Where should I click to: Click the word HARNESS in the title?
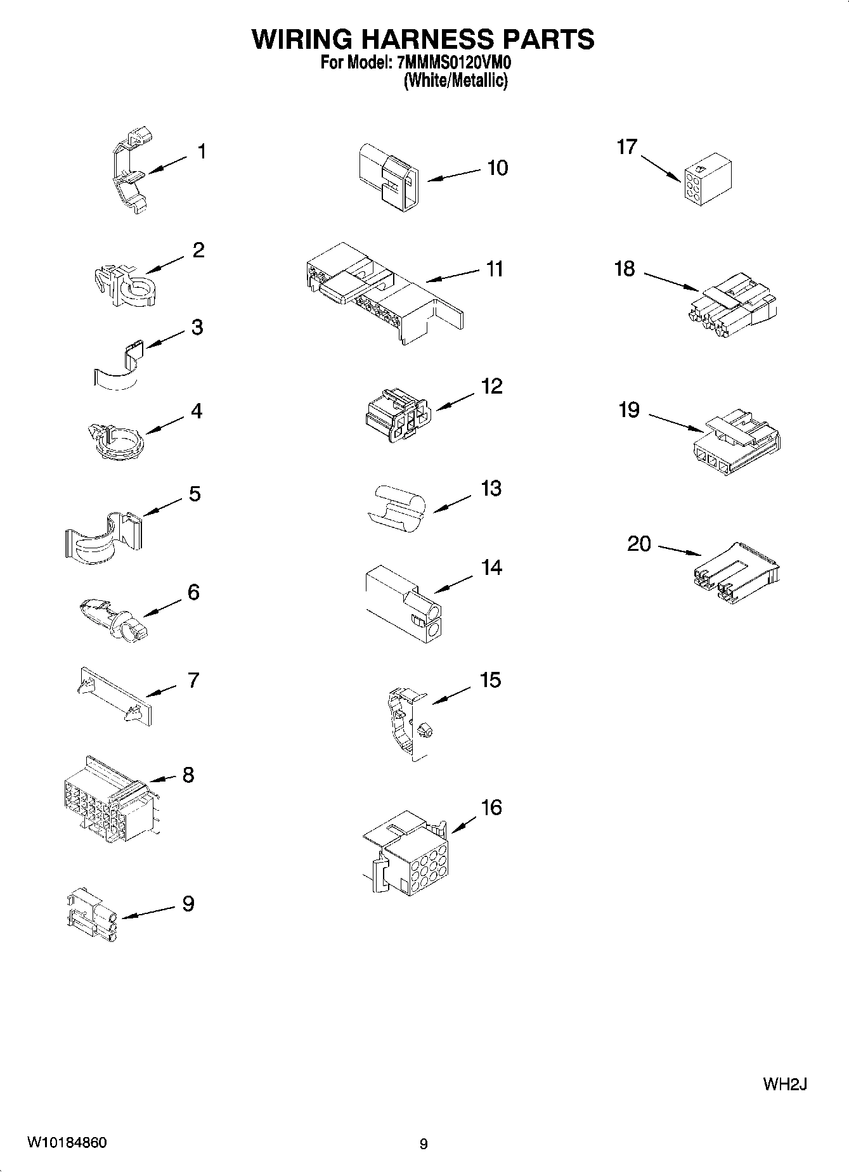(x=423, y=39)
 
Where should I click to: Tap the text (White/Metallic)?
(x=455, y=81)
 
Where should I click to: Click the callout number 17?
(x=626, y=147)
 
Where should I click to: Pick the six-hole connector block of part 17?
(x=708, y=179)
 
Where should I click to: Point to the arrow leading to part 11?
(x=453, y=275)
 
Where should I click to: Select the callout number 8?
(x=188, y=775)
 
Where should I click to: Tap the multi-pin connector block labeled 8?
(x=108, y=801)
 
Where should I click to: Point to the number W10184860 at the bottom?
(x=67, y=1143)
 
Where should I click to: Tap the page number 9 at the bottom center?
(x=424, y=1144)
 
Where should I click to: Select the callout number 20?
(x=639, y=543)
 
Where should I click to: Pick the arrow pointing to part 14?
(x=453, y=584)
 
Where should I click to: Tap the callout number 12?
(x=492, y=386)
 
